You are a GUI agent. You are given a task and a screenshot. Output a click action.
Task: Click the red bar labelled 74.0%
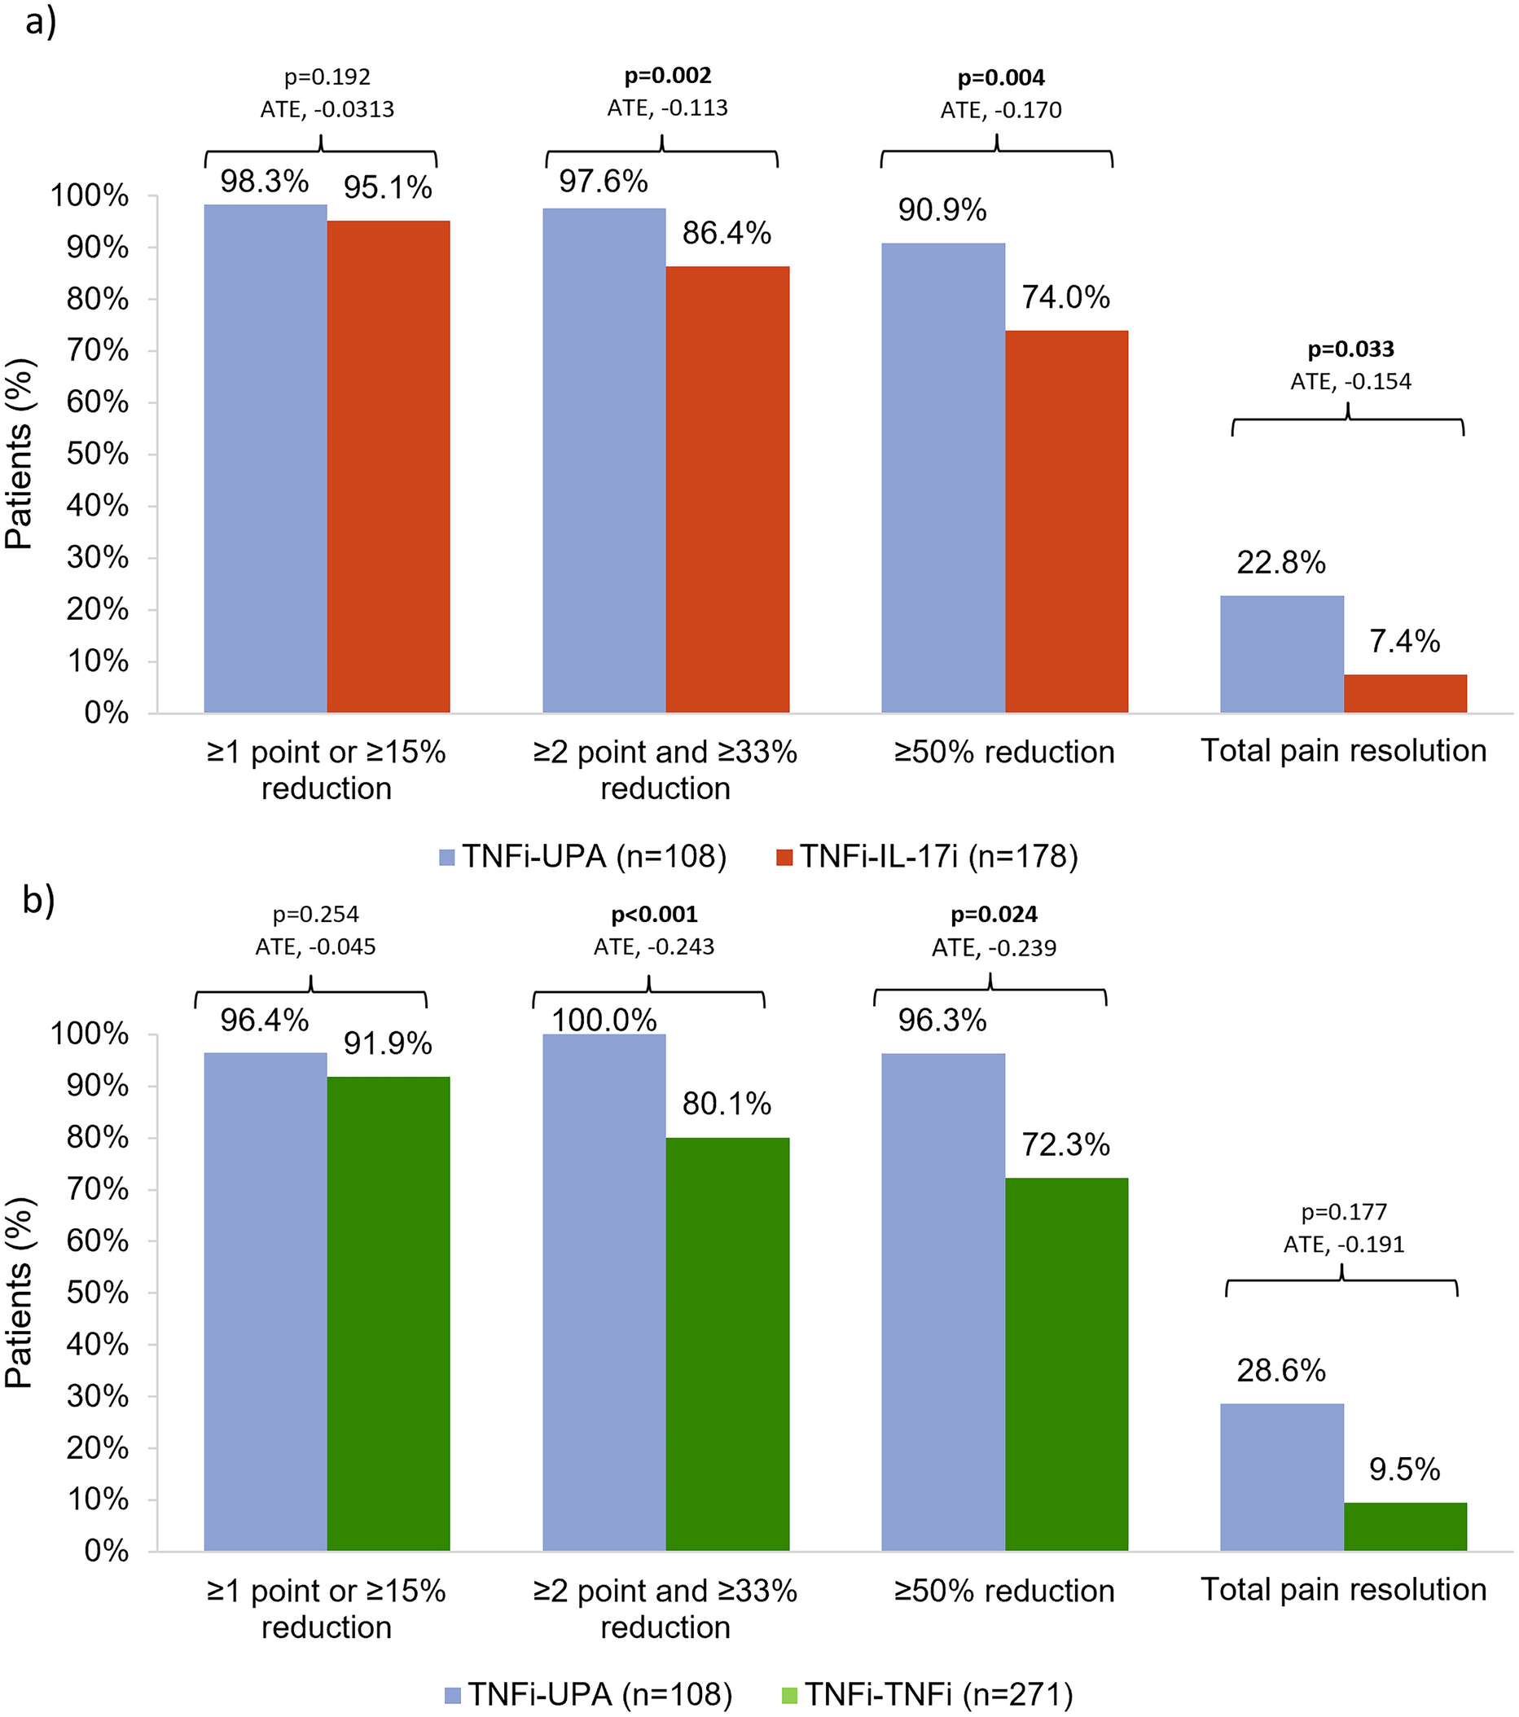tap(1066, 520)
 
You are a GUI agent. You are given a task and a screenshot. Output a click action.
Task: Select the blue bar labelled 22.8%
tap(1281, 654)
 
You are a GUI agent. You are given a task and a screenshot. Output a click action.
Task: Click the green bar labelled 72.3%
tap(1066, 1364)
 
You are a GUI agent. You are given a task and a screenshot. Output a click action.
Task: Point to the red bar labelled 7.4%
tap(1405, 694)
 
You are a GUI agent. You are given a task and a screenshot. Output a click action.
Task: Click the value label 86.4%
tap(727, 234)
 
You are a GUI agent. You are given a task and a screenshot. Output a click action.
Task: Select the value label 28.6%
tap(1280, 1371)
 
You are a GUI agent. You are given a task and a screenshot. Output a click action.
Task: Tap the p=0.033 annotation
tap(1350, 349)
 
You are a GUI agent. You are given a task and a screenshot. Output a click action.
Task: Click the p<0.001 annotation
tap(654, 914)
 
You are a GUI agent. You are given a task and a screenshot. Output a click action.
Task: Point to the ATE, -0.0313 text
tap(327, 109)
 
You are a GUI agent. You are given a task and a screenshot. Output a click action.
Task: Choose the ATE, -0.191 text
tap(1343, 1244)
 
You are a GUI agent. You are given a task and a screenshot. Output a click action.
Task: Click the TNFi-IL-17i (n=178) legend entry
tap(927, 857)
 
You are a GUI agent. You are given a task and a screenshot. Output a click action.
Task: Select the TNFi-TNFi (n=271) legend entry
tap(927, 1694)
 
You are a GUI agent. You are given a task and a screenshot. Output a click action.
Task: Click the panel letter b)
tap(38, 900)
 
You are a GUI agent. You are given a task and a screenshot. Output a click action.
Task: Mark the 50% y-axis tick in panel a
tap(98, 455)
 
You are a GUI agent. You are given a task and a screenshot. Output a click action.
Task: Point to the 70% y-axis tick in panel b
tap(98, 1190)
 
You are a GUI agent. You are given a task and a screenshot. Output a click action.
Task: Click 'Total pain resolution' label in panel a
tap(1342, 750)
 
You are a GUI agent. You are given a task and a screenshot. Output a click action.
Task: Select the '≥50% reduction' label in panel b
tap(1004, 1591)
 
